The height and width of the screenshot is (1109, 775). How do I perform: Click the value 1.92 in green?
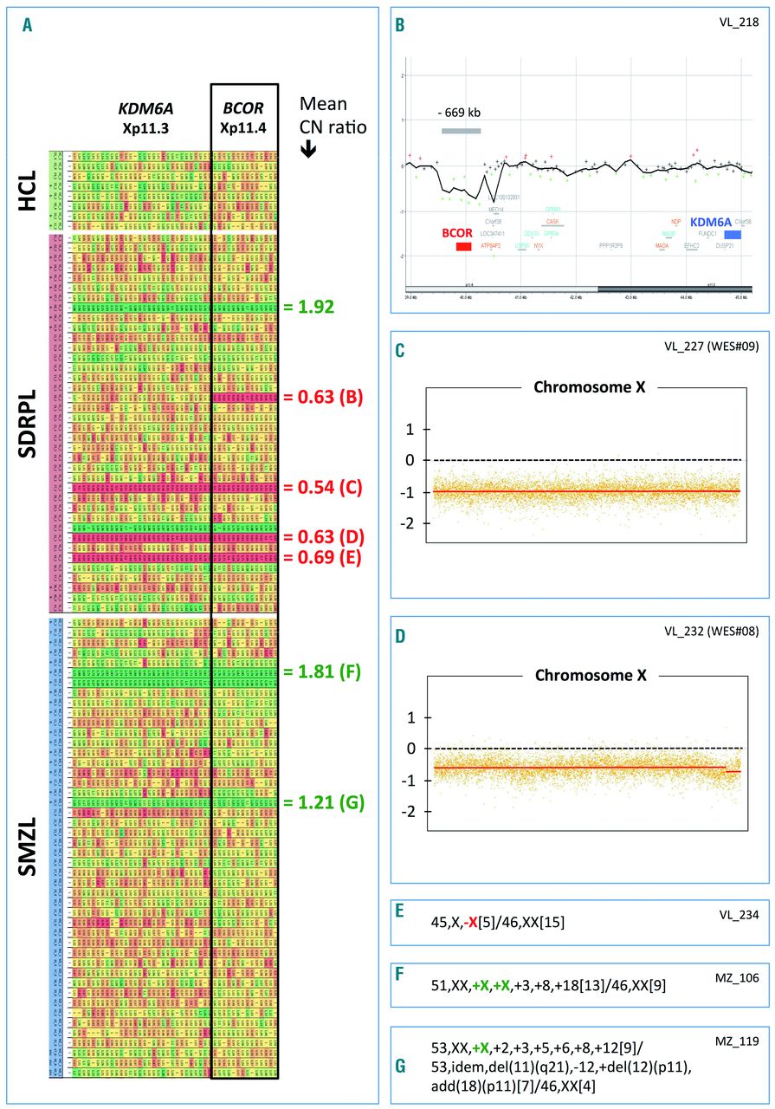(314, 306)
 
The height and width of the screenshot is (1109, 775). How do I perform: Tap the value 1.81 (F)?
(324, 671)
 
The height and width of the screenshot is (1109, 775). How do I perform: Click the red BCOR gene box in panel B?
(463, 247)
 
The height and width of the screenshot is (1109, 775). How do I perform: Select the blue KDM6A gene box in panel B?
(733, 235)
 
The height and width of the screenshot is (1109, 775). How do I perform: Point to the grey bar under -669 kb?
(461, 131)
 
